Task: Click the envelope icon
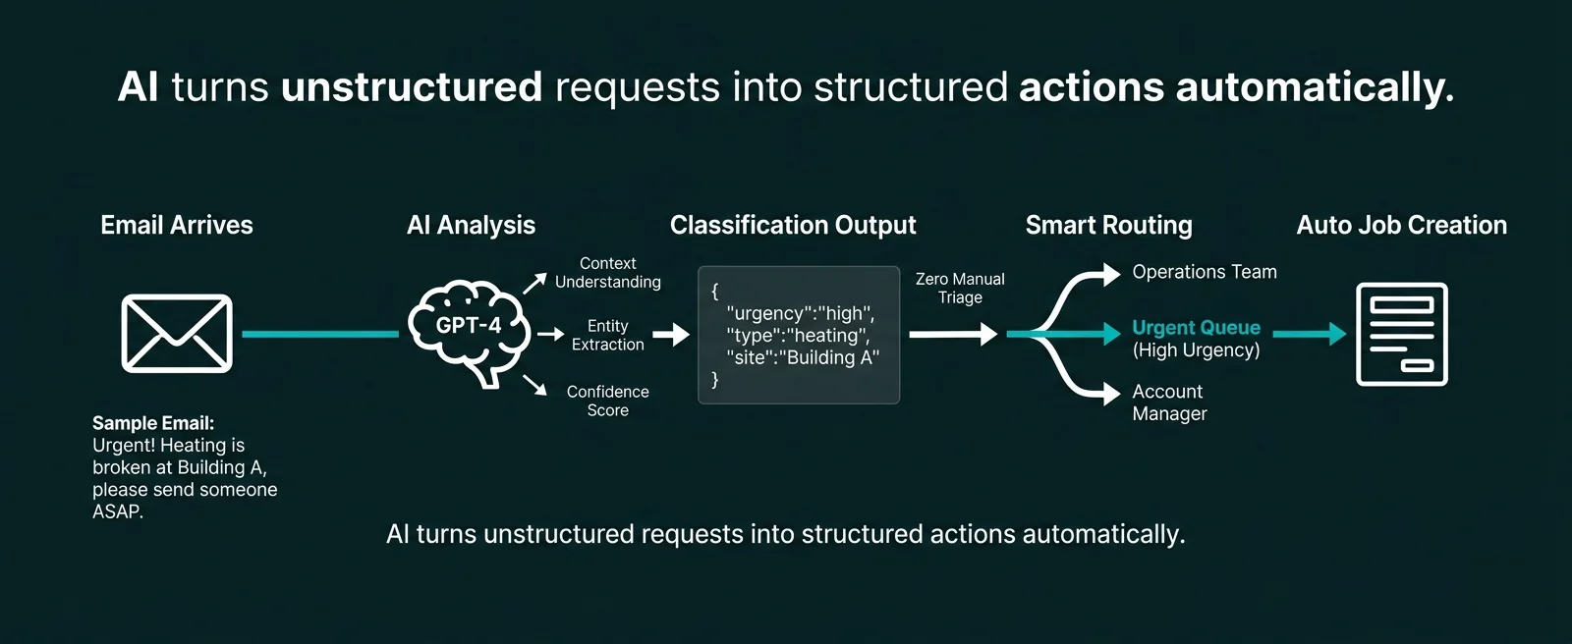[x=177, y=334]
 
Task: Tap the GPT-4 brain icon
[x=470, y=331]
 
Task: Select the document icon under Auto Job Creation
[x=1401, y=334]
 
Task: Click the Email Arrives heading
[x=177, y=225]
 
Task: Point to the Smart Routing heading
[x=1108, y=225]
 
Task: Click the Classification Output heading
[x=793, y=225]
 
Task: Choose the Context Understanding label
[x=607, y=273]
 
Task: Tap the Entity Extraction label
[x=607, y=335]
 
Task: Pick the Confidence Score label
[x=607, y=401]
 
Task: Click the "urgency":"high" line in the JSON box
[x=800, y=313]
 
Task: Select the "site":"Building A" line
[x=803, y=357]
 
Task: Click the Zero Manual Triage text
[x=960, y=288]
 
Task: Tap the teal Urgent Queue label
[x=1196, y=328]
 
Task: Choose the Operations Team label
[x=1204, y=272]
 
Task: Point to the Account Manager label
[x=1169, y=402]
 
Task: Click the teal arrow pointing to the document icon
[x=1309, y=334]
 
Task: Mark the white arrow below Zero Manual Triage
[x=953, y=335]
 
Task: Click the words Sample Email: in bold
[x=153, y=423]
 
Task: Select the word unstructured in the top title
[x=412, y=87]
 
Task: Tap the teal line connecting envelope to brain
[x=319, y=334]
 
